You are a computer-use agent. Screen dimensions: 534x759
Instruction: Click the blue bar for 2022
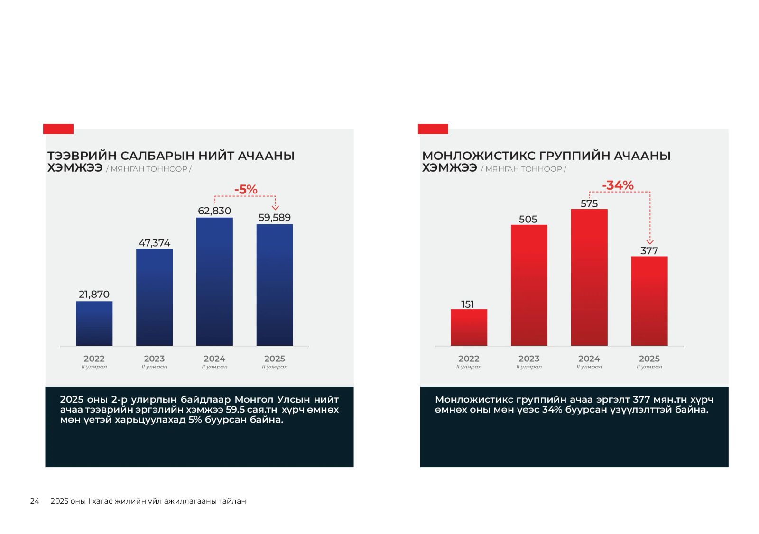(x=94, y=323)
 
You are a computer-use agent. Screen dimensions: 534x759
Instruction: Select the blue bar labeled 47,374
(x=154, y=297)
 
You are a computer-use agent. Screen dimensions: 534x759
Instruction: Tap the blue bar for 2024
(x=214, y=282)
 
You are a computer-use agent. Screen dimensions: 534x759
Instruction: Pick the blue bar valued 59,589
(x=275, y=285)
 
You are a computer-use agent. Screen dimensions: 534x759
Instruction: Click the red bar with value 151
(x=469, y=327)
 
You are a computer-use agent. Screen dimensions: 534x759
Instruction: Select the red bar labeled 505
(x=529, y=285)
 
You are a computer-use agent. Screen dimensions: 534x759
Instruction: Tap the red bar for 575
(x=589, y=277)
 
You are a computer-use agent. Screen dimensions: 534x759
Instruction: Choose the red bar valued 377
(x=649, y=301)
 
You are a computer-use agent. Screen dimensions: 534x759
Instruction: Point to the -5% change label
(x=246, y=190)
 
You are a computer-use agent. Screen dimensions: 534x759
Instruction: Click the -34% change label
(x=618, y=185)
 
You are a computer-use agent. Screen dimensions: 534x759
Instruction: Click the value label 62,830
(x=214, y=211)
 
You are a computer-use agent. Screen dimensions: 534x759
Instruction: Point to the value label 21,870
(x=94, y=295)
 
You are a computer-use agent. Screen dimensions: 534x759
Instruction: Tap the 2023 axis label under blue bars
(x=154, y=359)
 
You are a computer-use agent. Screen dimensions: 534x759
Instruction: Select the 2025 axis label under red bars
(x=649, y=359)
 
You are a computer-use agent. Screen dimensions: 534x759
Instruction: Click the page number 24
(x=35, y=501)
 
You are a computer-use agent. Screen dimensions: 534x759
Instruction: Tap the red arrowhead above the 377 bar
(x=650, y=242)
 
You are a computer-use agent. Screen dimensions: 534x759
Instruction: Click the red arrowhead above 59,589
(x=275, y=208)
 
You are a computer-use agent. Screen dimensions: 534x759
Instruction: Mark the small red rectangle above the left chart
(x=58, y=129)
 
